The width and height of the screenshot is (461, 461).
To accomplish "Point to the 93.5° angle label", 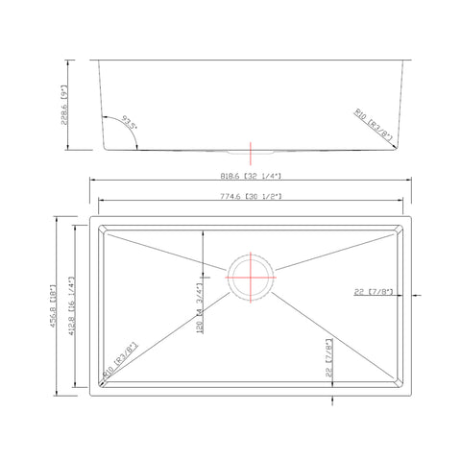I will click(130, 123).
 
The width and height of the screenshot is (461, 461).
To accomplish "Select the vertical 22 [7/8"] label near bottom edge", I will click(329, 357).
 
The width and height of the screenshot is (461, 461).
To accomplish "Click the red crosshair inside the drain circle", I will click(252, 279).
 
